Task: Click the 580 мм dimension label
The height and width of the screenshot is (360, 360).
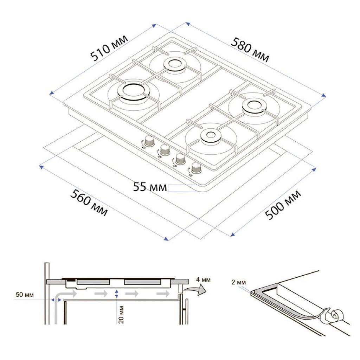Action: pyautogui.click(x=250, y=50)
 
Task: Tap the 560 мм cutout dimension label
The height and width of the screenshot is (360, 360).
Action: pyautogui.click(x=89, y=202)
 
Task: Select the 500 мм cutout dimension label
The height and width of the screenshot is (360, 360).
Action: pyautogui.click(x=283, y=205)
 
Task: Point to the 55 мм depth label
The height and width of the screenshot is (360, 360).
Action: pyautogui.click(x=150, y=187)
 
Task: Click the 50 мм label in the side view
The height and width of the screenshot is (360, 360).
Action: pyautogui.click(x=25, y=295)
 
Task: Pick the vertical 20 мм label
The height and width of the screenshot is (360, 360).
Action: pyautogui.click(x=121, y=315)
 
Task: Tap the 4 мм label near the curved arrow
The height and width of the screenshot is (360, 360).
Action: pyautogui.click(x=203, y=279)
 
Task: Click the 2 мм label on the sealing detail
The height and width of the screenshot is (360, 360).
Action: pyautogui.click(x=238, y=282)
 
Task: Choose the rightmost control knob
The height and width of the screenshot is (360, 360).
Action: pyautogui.click(x=196, y=168)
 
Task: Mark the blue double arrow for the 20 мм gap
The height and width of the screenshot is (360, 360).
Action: pyautogui.click(x=117, y=294)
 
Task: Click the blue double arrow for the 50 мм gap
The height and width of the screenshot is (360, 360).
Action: pyautogui.click(x=56, y=300)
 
